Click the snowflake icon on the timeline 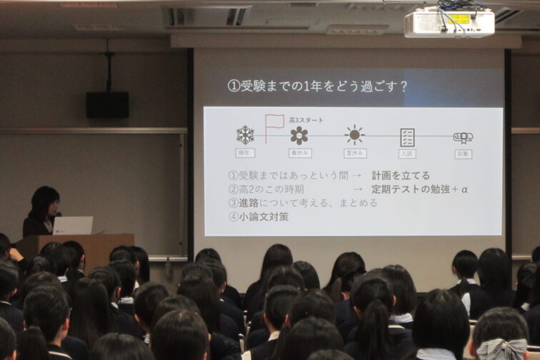(x=245, y=135)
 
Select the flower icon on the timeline (x=299, y=136)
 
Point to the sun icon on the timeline (x=354, y=135)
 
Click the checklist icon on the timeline (x=407, y=137)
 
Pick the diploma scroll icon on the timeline (x=463, y=137)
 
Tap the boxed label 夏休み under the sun (x=354, y=154)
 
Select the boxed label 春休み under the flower (x=300, y=154)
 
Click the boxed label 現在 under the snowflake (x=245, y=154)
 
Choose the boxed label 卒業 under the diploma (x=463, y=154)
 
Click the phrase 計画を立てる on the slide (x=400, y=176)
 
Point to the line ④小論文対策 (x=259, y=216)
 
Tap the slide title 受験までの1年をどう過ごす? (x=317, y=86)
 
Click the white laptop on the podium (x=73, y=226)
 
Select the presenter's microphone (x=58, y=215)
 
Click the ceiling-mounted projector (x=449, y=23)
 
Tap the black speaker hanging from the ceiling (x=107, y=104)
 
